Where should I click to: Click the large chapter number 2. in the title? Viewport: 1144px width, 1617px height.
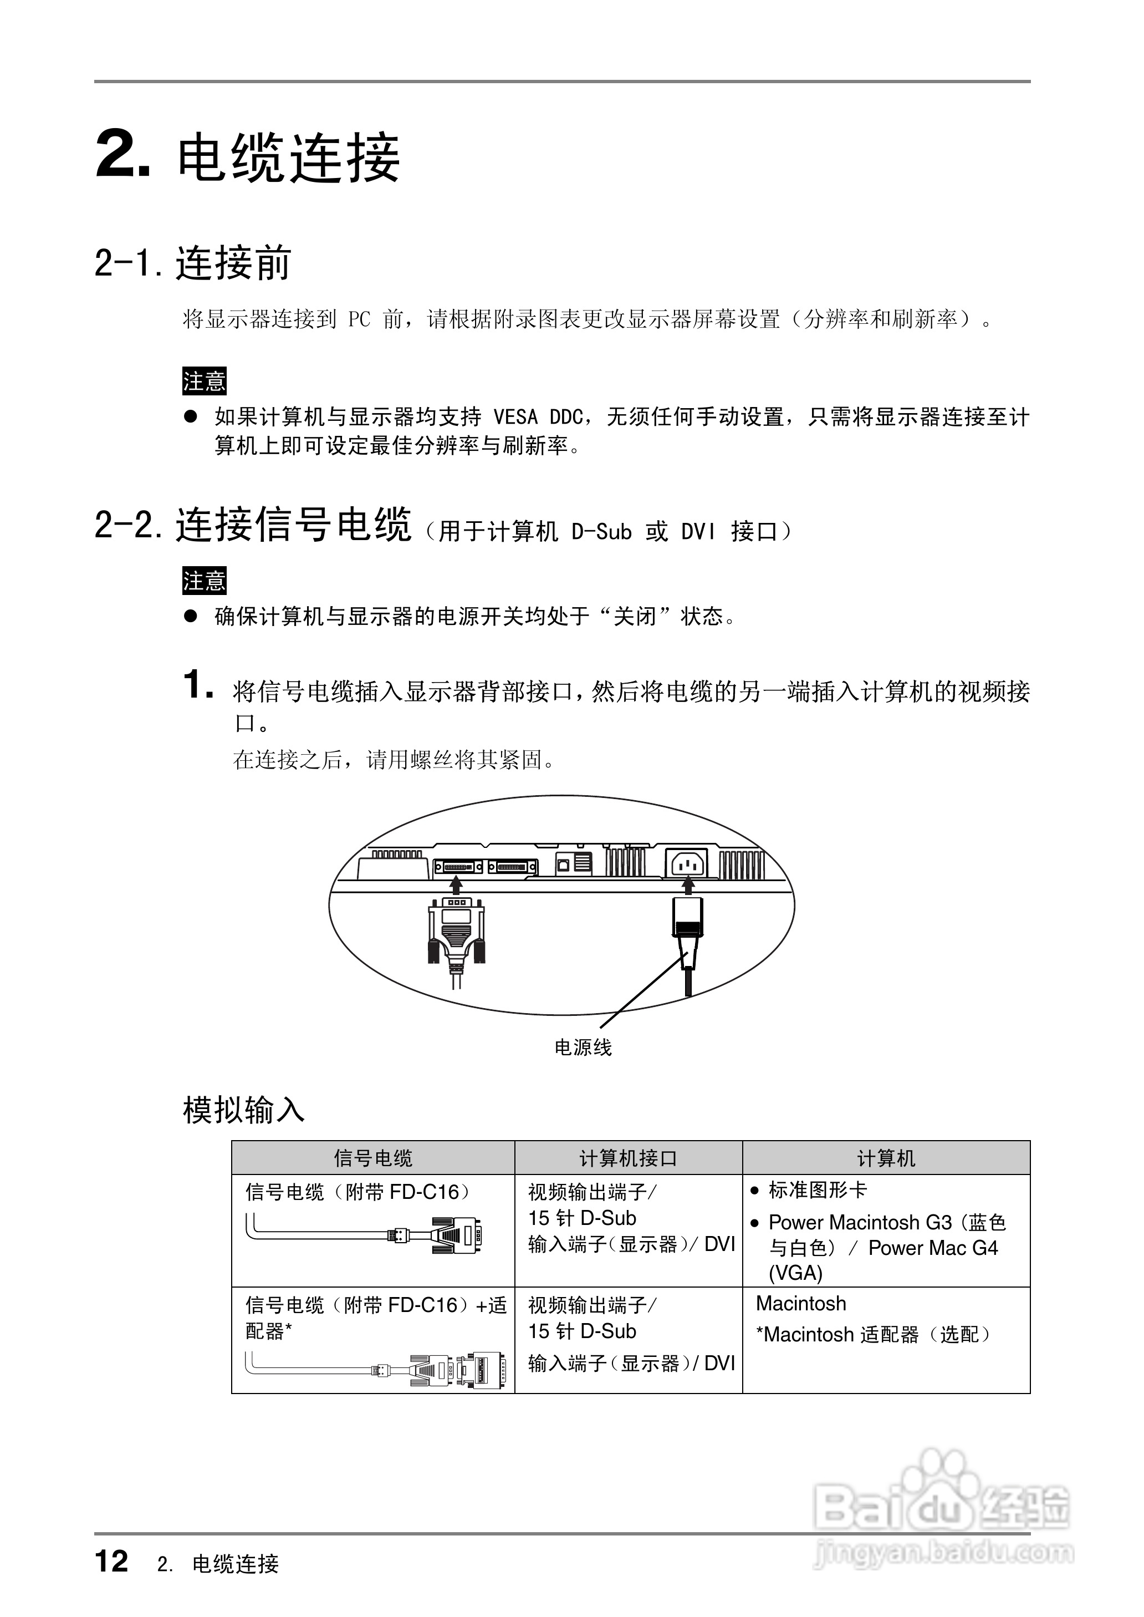122,155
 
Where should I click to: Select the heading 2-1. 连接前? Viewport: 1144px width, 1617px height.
192,263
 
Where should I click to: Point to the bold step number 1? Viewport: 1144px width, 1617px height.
197,685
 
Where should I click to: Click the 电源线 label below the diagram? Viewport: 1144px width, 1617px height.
583,1048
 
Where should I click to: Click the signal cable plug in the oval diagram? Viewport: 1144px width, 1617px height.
456,930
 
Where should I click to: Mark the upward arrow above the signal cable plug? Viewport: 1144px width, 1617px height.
456,883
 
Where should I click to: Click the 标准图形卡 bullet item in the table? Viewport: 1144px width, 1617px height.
817,1190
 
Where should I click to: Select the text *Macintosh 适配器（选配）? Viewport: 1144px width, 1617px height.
874,1334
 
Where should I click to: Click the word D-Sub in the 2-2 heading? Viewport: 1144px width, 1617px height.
601,532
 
